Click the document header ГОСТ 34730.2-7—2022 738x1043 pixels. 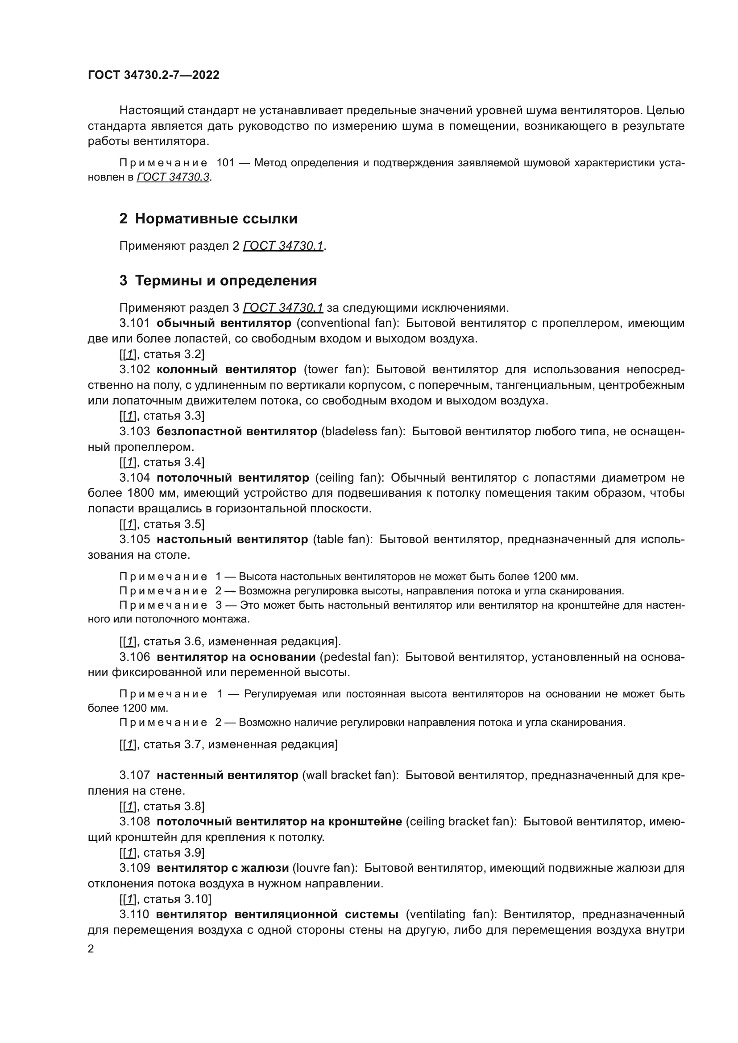153,75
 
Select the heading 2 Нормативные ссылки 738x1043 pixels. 208,218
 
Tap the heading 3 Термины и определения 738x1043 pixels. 218,281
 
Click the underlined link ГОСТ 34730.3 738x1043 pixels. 173,177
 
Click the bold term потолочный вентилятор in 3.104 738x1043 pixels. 232,478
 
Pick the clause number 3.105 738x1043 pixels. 134,539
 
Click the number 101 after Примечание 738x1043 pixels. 225,163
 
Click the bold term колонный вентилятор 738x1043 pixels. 227,369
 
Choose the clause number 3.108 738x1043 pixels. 134,821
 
